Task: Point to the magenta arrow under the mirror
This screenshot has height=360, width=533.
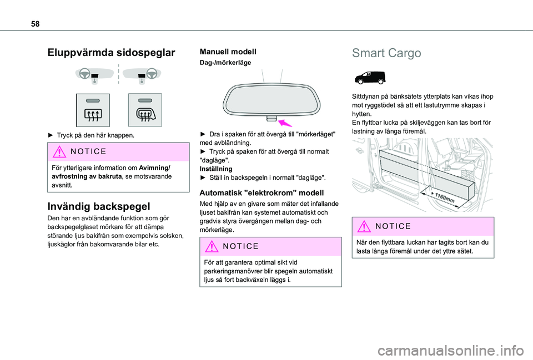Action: [285, 123]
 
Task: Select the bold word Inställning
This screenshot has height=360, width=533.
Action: [216, 168]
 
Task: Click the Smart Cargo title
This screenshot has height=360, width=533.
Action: [386, 53]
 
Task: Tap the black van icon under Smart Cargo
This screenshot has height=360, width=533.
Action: [369, 78]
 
